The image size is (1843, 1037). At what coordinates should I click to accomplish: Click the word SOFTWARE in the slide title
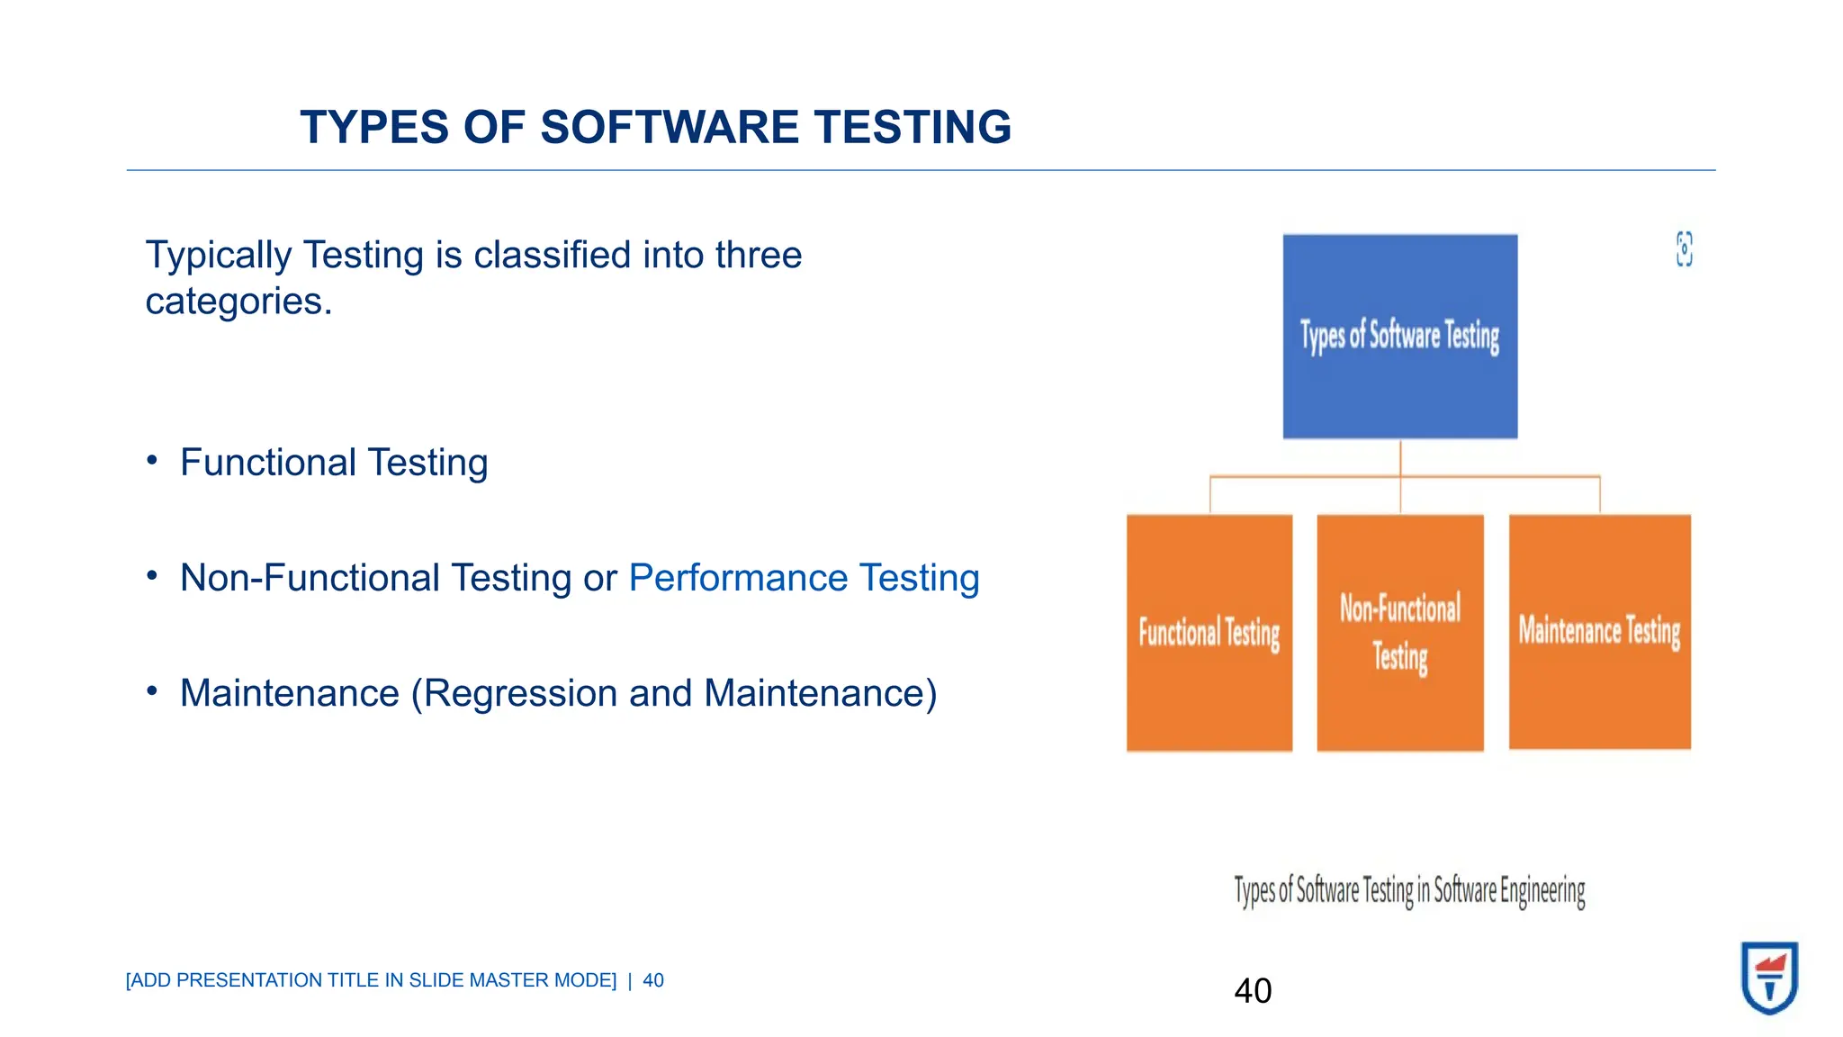coord(670,127)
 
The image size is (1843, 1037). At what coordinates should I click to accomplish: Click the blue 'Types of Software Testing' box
coord(1399,336)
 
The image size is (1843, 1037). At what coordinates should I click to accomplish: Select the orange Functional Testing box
coord(1209,632)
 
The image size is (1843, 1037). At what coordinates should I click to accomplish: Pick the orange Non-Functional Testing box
coord(1399,632)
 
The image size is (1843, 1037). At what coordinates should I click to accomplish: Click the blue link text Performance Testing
coord(804,578)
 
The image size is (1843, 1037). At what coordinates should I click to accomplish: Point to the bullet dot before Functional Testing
coord(152,461)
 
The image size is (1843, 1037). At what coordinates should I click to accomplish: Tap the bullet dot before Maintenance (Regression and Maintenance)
coord(152,691)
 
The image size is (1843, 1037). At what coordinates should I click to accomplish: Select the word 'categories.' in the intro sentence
coord(238,302)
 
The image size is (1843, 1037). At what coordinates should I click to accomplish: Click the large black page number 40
coord(1253,991)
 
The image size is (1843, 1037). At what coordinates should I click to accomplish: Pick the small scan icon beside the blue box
coord(1684,249)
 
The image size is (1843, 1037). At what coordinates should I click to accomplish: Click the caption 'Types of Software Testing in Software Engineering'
coord(1409,890)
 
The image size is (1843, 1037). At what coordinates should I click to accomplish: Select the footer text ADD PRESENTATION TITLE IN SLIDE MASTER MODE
coord(371,980)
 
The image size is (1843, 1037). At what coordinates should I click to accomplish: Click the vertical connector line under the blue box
coord(1400,458)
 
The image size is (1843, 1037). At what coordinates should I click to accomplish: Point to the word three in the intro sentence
coord(758,256)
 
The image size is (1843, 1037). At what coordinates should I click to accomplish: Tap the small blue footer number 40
coord(653,980)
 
